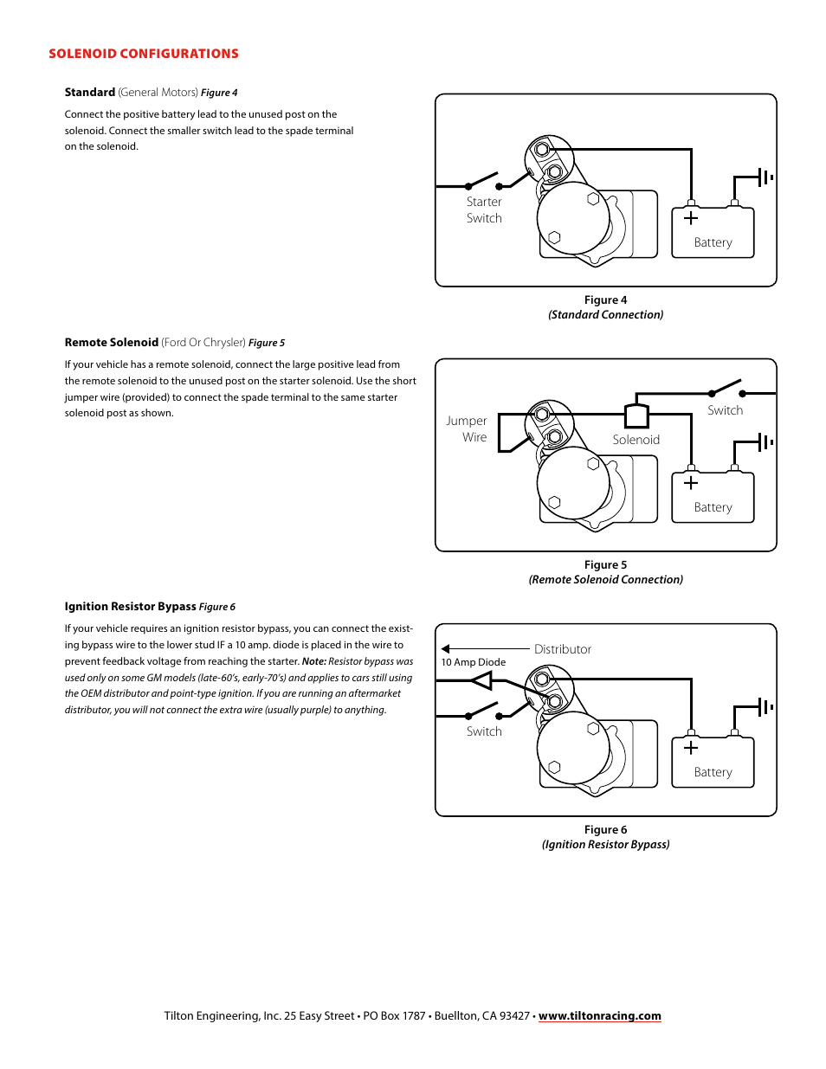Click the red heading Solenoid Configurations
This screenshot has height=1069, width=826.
click(x=144, y=54)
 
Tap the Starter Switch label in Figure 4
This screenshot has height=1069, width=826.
click(x=484, y=210)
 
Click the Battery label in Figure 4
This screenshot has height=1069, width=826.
click(x=713, y=243)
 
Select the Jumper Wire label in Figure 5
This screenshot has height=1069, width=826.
click(x=467, y=429)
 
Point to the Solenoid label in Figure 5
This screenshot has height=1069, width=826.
click(x=636, y=440)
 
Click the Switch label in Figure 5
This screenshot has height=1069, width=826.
click(x=725, y=410)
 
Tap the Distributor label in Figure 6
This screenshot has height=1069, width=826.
click(x=563, y=649)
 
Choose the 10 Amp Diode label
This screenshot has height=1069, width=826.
click(x=474, y=662)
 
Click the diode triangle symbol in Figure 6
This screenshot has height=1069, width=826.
click(x=481, y=681)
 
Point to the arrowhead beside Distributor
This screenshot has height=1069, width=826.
click(x=446, y=648)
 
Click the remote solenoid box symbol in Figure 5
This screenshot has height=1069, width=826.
click(x=636, y=416)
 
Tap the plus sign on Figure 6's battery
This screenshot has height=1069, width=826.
click(x=691, y=748)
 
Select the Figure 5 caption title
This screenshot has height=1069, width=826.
click(x=605, y=565)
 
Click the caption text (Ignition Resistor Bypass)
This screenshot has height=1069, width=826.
click(x=605, y=845)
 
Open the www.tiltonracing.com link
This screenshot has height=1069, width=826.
click(x=599, y=1016)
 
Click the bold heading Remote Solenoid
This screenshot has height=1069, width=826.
click(x=112, y=343)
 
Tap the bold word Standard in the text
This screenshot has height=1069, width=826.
click(x=90, y=93)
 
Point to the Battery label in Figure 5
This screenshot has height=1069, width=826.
click(x=713, y=508)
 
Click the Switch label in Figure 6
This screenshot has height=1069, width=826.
click(x=484, y=731)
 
